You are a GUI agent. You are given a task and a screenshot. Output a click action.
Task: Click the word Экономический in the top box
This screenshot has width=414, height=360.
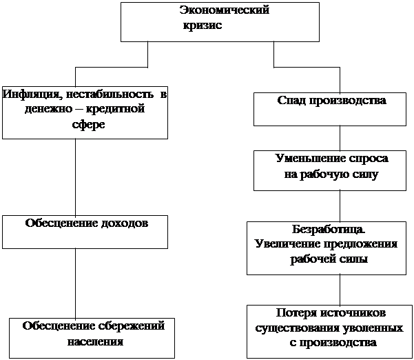[224, 10]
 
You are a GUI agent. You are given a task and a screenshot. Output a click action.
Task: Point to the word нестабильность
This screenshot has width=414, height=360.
[105, 93]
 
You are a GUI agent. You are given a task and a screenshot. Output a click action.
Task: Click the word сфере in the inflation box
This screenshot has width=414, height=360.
[87, 125]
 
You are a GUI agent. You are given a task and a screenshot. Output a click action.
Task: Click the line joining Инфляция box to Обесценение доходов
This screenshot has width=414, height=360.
[75, 177]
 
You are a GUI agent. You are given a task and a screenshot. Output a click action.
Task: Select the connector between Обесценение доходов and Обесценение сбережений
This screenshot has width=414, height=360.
[75, 283]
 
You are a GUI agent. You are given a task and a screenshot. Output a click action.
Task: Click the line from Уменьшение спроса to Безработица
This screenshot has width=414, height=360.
[340, 205]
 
